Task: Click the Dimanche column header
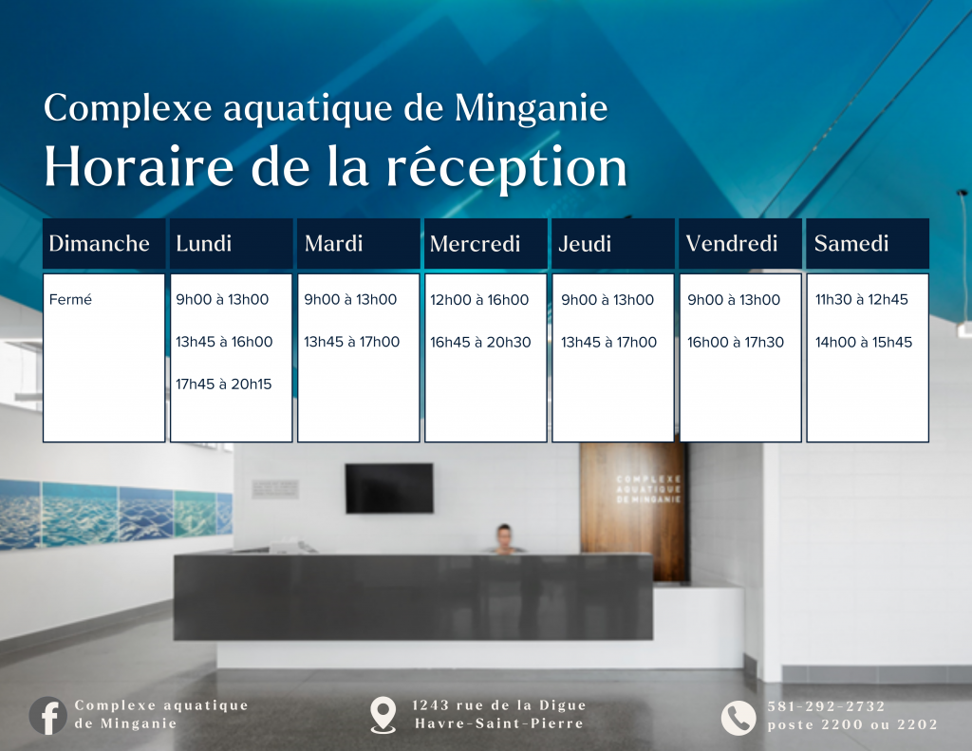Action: coord(99,243)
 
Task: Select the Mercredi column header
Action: coord(475,244)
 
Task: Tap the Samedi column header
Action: coord(851,243)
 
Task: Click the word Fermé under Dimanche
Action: coord(70,299)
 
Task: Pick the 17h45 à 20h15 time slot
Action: coord(224,385)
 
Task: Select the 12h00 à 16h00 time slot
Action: coord(479,300)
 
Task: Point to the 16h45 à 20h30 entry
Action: coord(480,343)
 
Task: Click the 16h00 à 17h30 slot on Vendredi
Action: coord(736,343)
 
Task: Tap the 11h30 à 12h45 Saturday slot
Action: coord(862,299)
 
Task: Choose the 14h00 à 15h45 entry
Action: coord(864,343)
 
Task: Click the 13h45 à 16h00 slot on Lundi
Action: coord(224,342)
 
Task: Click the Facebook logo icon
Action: coord(47,716)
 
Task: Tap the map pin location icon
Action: coord(383,715)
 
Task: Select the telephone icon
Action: coord(738,718)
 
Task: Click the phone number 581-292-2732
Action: coord(827,706)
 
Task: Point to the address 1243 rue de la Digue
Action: coord(499,705)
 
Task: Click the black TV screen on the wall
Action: coord(389,488)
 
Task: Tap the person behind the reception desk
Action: coord(505,538)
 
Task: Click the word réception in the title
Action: coord(507,167)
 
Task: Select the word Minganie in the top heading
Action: coord(531,108)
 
